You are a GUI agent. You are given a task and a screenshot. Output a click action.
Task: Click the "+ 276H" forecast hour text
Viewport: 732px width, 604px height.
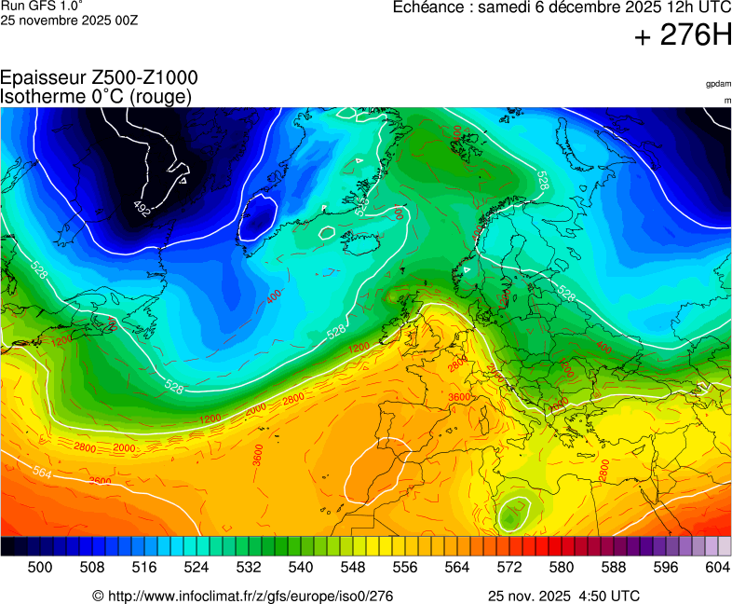tap(683, 35)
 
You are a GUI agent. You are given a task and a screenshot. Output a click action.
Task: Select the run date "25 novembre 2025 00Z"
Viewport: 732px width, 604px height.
tap(70, 21)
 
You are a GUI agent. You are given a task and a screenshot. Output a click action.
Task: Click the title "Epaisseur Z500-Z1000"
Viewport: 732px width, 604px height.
tap(99, 78)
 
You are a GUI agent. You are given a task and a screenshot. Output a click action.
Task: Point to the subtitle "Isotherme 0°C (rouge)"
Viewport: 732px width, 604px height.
tap(97, 96)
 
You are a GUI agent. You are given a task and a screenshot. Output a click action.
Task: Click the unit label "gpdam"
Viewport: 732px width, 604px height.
tap(718, 84)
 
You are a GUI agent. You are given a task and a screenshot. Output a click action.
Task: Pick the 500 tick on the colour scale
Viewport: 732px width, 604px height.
tap(40, 567)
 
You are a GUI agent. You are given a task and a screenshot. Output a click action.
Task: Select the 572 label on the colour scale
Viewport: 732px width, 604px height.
tap(509, 567)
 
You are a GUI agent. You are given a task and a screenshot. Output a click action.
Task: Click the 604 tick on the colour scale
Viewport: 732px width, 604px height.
tap(717, 567)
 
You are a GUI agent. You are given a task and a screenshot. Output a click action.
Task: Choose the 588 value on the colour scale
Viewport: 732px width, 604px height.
tap(614, 567)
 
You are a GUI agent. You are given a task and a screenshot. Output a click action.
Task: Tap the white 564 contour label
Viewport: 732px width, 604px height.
tap(43, 473)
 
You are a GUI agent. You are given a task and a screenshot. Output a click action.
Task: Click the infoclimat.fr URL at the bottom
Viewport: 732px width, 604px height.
tap(242, 596)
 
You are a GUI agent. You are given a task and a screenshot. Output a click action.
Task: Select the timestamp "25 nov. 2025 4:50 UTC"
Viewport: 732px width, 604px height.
tap(563, 596)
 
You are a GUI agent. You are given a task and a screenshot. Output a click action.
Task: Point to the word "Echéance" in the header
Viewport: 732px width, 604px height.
tap(427, 7)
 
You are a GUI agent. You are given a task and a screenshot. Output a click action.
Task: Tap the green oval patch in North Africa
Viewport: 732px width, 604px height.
tap(513, 514)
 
